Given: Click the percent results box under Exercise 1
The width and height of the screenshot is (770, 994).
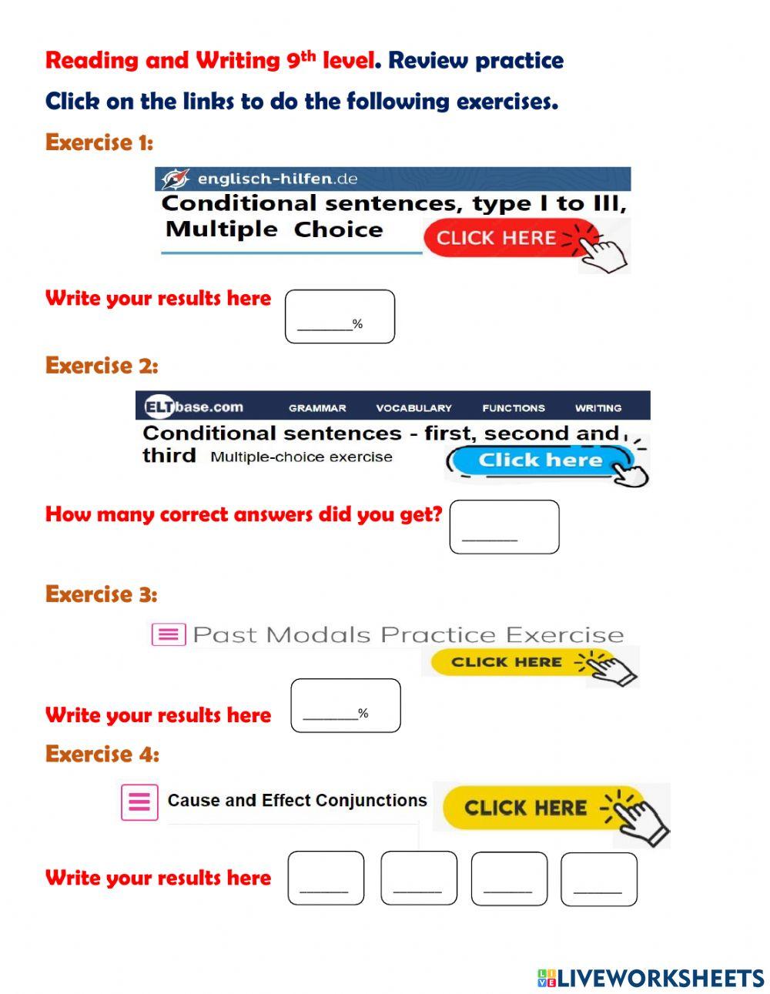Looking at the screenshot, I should (x=340, y=316).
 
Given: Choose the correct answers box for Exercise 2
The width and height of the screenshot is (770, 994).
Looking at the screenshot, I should (x=504, y=527).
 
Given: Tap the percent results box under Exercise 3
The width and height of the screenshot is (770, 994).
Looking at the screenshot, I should (x=346, y=705).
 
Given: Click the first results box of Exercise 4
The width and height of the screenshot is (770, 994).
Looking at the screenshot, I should (x=326, y=878).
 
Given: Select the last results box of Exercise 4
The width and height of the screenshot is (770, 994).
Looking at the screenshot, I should (x=599, y=879).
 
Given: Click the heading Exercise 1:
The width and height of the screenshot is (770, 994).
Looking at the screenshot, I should (x=99, y=142).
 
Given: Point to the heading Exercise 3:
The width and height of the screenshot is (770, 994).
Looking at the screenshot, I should (x=101, y=594).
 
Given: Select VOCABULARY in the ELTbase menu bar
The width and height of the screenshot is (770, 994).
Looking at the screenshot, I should (x=413, y=408).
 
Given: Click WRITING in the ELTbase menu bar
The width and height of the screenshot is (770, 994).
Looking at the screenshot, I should (x=598, y=408).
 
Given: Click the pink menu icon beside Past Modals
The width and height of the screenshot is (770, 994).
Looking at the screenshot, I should (x=169, y=634).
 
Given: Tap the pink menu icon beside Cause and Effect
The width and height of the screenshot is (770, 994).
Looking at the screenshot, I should (x=139, y=802).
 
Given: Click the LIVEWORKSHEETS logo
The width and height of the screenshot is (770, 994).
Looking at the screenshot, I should (x=651, y=978).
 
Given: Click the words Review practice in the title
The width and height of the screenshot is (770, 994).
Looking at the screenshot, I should (x=476, y=60).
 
